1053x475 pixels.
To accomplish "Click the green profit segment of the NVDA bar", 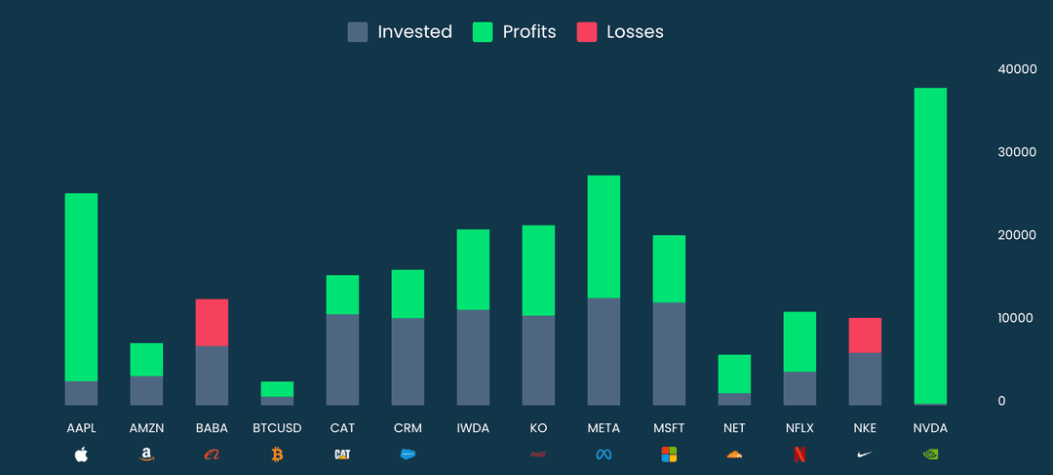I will point(930,244).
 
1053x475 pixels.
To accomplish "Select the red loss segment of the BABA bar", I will point(212,322).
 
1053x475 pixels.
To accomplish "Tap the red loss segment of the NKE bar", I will point(865,335).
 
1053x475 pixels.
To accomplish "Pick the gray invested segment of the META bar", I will point(604,351).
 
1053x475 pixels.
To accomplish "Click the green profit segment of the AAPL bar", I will point(81,287).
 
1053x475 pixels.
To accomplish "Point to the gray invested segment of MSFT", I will point(669,353).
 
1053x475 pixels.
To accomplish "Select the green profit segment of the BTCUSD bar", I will point(277,388).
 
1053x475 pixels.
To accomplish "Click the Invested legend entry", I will point(400,32).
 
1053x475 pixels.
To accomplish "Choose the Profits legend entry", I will point(514,32).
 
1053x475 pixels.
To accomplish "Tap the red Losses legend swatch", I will point(586,32).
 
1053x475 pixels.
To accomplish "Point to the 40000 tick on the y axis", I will point(1016,69).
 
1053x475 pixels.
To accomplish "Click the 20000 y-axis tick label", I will point(1016,235).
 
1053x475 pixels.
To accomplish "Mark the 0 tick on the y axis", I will point(1001,401).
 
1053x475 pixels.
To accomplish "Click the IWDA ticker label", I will point(473,428).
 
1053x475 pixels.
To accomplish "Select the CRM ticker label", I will point(408,428).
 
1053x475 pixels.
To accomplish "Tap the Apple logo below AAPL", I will point(81,454).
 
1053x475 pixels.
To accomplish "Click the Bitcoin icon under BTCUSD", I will point(277,454).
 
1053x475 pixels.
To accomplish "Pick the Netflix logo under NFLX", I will point(799,454).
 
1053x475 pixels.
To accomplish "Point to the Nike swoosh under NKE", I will point(865,454).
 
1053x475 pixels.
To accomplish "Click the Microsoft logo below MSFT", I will point(669,454).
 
